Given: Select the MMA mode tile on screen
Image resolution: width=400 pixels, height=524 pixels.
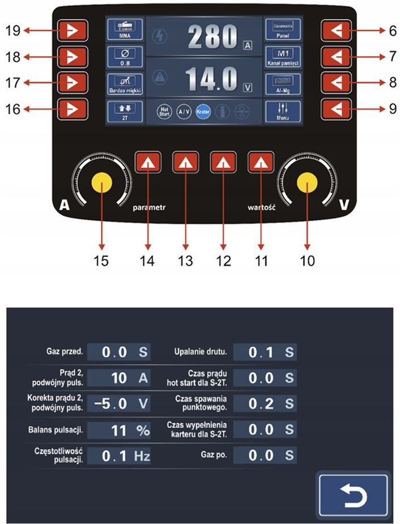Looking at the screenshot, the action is coord(124,30).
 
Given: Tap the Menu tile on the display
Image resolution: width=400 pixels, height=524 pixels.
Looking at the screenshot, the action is coord(283,109).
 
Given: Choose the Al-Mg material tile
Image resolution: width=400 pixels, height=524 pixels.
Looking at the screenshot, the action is coord(283,83).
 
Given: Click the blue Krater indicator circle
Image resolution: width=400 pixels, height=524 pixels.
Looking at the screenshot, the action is coord(203,112).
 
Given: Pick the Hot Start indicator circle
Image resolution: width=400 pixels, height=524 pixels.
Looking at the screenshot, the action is coord(164,112).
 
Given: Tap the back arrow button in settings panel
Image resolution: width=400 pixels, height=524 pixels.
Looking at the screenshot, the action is coord(353,495).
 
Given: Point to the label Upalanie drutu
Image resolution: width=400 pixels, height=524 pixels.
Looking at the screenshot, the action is coord(201,352).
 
